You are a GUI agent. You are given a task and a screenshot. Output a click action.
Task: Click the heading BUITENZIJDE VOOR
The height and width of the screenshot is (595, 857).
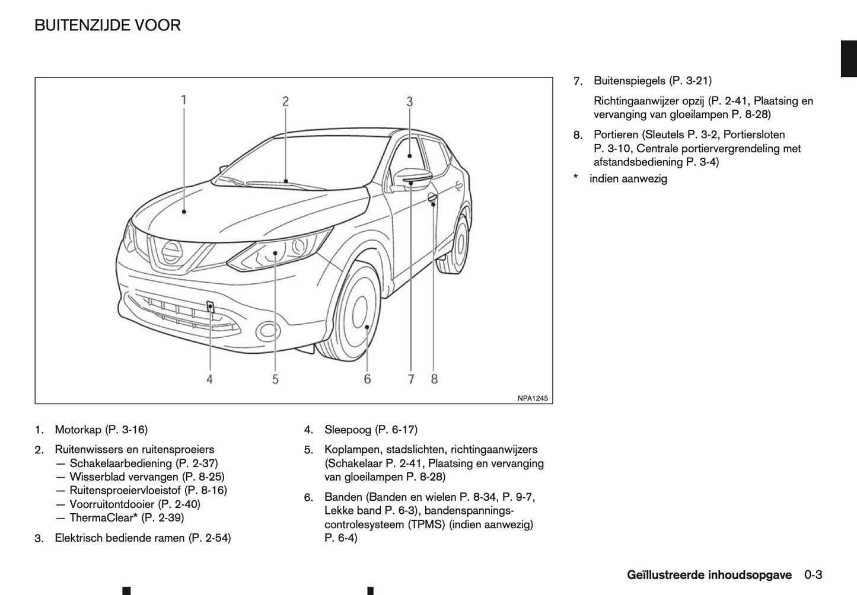click(x=107, y=25)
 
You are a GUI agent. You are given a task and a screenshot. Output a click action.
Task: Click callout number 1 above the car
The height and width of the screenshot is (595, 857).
click(x=184, y=100)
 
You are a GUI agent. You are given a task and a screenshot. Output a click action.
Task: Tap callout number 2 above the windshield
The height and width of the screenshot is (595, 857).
click(x=285, y=101)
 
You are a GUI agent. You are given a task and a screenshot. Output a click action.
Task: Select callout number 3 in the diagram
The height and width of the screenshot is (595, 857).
click(x=409, y=102)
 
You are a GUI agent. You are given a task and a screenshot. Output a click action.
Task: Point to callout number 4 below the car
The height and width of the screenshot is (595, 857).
click(x=209, y=379)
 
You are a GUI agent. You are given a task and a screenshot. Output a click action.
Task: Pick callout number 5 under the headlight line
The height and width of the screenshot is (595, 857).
click(x=275, y=379)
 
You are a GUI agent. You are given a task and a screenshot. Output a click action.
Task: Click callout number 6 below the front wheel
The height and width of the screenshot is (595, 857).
click(x=367, y=379)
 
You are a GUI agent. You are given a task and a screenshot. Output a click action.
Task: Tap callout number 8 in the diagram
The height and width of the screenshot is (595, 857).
click(x=434, y=379)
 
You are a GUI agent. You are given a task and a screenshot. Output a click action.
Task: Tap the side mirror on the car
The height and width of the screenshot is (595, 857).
click(x=412, y=176)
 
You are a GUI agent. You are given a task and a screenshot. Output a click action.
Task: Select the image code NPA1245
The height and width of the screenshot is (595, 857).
click(x=533, y=398)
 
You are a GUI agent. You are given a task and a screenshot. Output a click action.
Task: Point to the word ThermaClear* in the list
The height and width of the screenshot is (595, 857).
click(x=104, y=518)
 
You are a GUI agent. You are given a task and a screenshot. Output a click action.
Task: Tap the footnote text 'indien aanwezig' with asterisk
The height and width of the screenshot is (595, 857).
click(x=627, y=178)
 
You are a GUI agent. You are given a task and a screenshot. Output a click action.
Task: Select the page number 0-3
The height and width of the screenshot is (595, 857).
click(x=813, y=575)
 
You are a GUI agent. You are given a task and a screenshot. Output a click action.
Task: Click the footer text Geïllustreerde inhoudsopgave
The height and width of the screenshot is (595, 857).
click(x=709, y=575)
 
